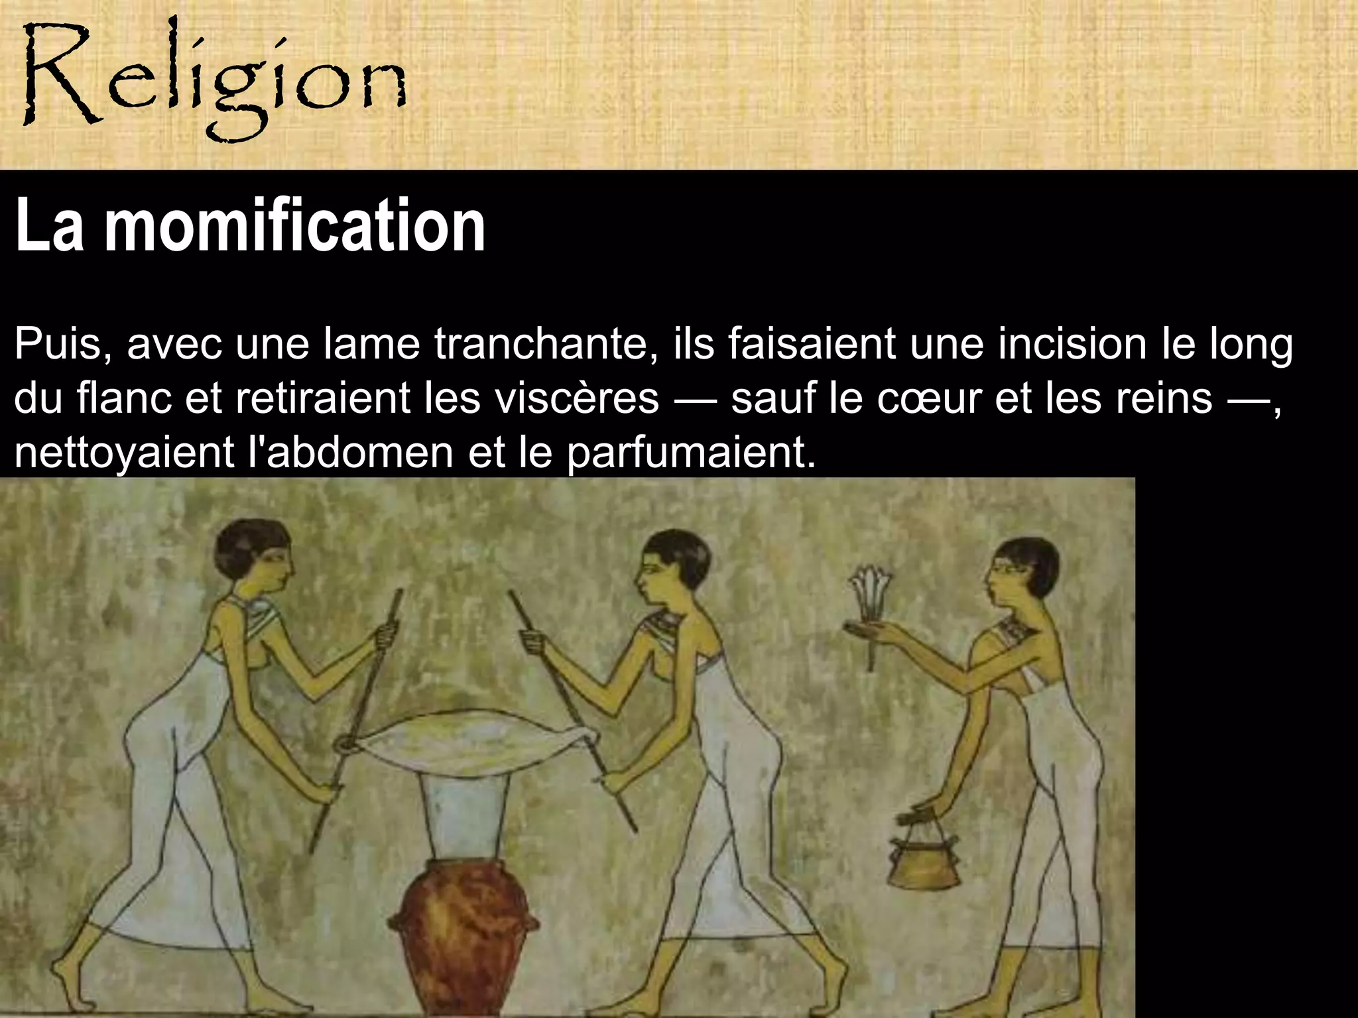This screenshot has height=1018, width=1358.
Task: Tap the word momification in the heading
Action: [x=295, y=226]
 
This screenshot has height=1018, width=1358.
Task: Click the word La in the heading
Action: [x=49, y=226]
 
